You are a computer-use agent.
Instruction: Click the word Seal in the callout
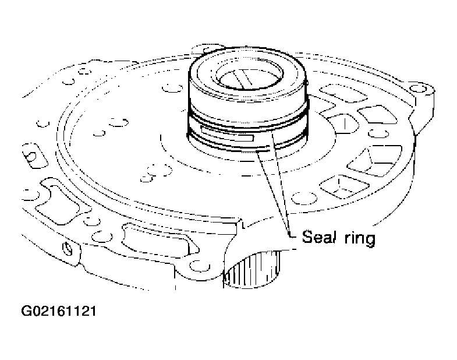pos(318,237)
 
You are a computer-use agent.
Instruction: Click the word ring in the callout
pos(360,239)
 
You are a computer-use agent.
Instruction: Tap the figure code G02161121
pos(59,311)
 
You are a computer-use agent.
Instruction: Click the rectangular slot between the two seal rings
pos(227,134)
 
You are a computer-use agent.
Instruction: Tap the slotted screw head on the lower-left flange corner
pos(68,249)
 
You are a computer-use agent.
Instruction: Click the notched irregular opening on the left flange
pos(62,202)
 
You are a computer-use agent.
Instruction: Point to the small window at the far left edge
pos(34,156)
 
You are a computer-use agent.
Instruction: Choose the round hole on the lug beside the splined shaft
pos(199,266)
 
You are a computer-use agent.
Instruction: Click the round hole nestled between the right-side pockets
pos(378,133)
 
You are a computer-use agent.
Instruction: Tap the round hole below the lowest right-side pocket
pos(304,199)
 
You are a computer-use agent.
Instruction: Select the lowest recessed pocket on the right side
pos(345,187)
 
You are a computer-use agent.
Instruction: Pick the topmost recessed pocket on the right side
pos(343,93)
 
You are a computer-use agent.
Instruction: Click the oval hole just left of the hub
pos(172,87)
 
